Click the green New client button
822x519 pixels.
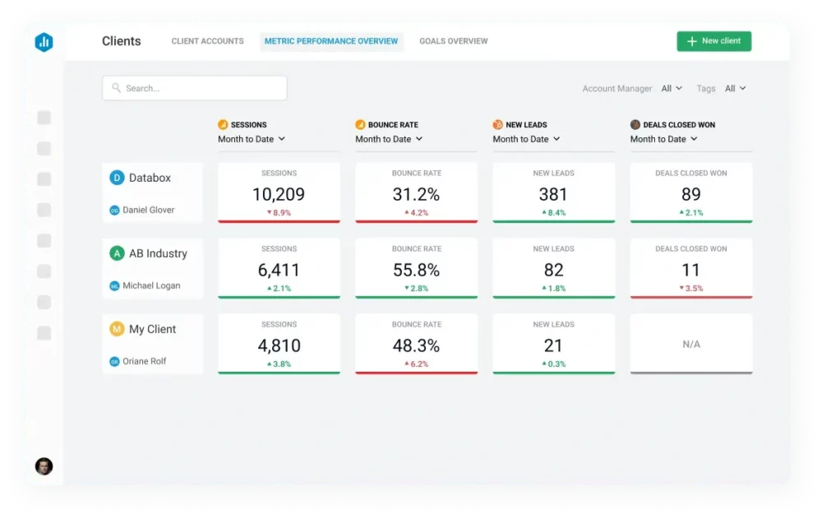coord(713,41)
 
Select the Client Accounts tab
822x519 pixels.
coord(207,41)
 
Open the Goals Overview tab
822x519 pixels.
coord(453,41)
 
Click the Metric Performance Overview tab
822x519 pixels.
coord(331,41)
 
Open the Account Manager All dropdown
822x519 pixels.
coord(672,89)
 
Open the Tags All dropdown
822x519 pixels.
coord(735,89)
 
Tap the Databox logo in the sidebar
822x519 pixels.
coord(44,43)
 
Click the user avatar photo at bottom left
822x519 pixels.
coord(44,466)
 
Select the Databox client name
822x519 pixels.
coord(150,178)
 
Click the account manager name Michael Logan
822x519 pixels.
coord(151,285)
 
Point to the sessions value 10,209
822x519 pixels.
coord(279,194)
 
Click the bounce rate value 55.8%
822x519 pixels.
coord(416,270)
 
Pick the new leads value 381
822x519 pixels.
coord(553,194)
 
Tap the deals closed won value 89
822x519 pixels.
coord(690,194)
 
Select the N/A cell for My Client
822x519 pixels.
coord(690,345)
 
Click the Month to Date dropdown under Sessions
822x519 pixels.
coord(252,139)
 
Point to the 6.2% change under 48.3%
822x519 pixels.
coord(416,364)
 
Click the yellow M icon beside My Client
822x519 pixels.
coord(117,329)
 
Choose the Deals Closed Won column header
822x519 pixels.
coord(678,125)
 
